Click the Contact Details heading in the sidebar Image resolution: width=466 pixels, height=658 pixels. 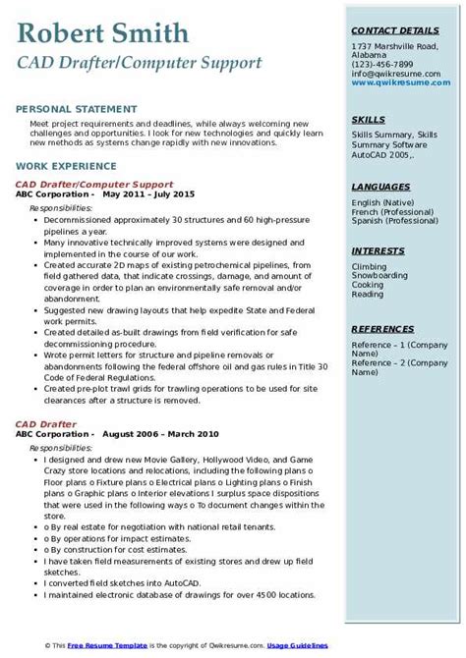[x=394, y=31]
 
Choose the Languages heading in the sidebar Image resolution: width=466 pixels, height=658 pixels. [x=380, y=186]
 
